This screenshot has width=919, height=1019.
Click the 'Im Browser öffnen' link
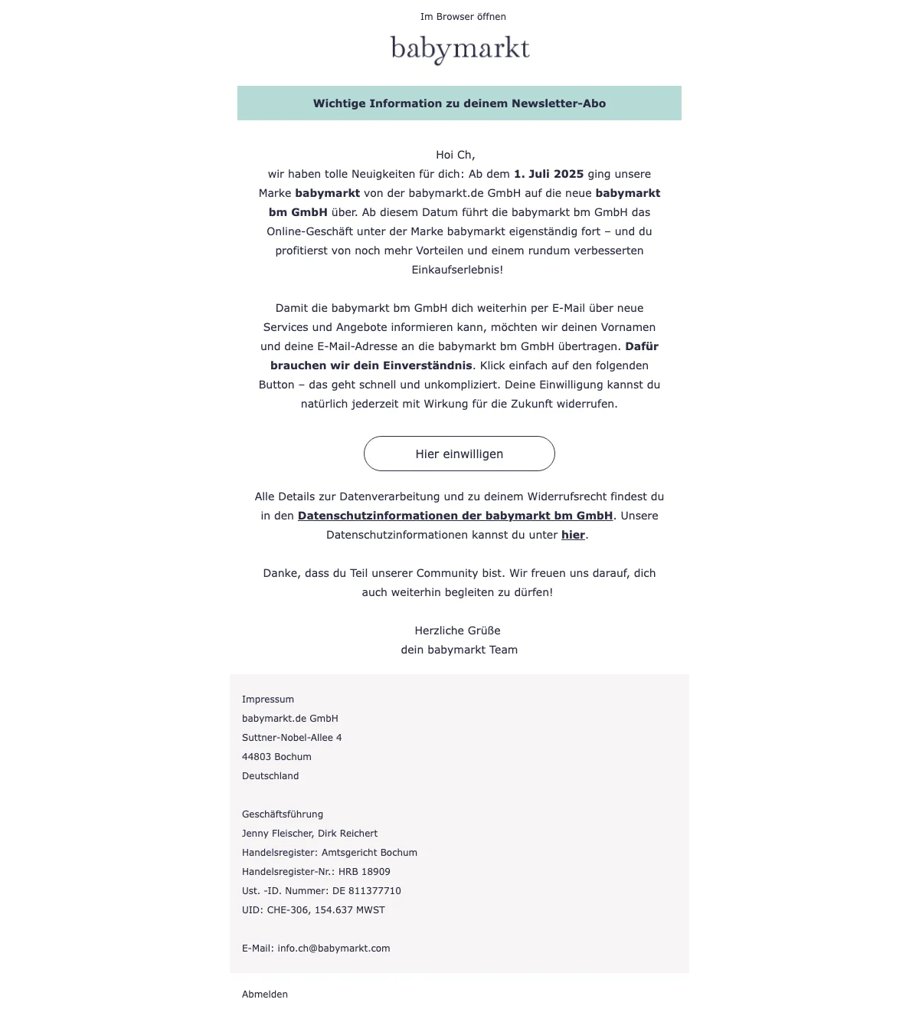point(463,17)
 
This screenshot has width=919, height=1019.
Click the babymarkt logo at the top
point(459,49)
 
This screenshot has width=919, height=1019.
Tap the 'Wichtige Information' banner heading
point(459,103)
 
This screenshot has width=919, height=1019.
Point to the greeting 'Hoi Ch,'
point(456,155)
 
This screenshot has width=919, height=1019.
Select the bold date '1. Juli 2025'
point(548,174)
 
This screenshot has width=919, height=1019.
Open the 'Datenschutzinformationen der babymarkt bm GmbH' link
point(455,516)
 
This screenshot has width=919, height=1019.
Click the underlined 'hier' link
point(573,535)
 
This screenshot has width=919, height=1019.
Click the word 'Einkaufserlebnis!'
point(457,270)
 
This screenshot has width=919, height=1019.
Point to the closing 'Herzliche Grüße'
point(457,631)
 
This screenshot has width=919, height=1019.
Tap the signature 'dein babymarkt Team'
point(459,650)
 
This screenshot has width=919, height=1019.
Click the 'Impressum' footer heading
point(268,700)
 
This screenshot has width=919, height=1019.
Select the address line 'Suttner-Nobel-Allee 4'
point(292,738)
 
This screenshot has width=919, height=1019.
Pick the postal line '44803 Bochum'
point(276,757)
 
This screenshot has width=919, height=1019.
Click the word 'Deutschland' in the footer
point(270,776)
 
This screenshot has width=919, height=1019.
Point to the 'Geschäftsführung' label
point(283,814)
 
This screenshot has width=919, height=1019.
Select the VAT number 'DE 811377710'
point(367,891)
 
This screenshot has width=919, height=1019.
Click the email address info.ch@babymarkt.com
point(334,949)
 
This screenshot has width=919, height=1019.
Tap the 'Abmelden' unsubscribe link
point(265,994)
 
